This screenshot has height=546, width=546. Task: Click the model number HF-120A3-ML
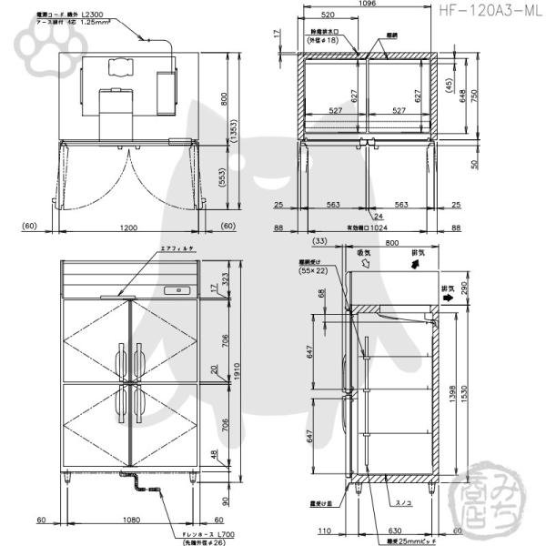[x=488, y=12]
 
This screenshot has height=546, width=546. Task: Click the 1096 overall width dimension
[x=368, y=5]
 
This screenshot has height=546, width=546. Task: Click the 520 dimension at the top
[x=327, y=15]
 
